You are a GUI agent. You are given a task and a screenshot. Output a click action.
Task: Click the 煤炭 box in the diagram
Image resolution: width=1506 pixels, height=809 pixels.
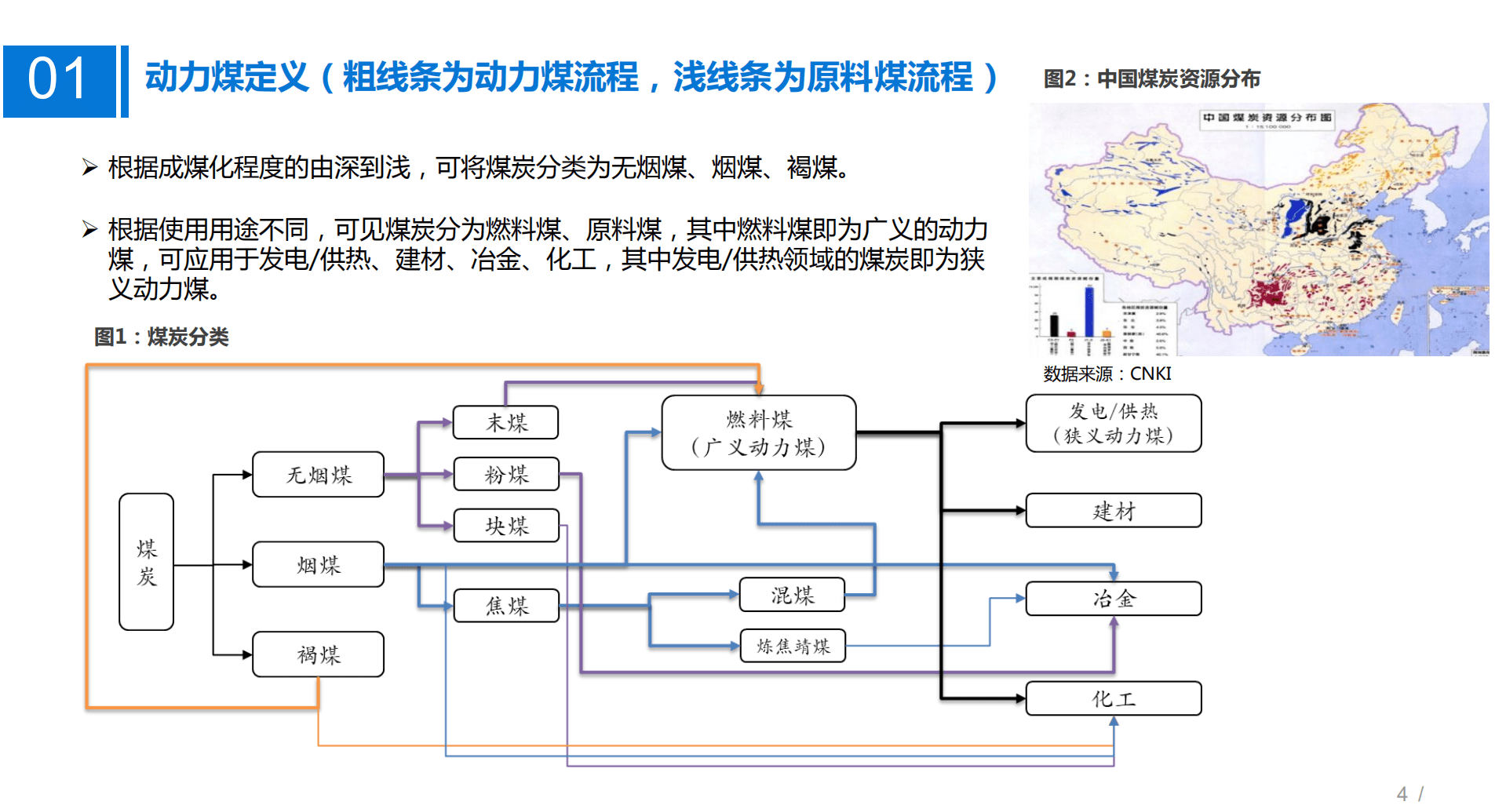[146, 562]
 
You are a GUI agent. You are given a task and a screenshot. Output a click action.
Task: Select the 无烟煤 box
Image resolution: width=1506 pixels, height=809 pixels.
[318, 475]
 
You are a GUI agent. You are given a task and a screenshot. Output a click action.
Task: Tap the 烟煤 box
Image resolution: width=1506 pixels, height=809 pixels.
[318, 564]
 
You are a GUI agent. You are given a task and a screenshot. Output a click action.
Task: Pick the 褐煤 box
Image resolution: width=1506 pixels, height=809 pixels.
[318, 654]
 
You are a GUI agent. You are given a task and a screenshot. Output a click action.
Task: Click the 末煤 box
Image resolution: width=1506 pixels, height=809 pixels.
[506, 422]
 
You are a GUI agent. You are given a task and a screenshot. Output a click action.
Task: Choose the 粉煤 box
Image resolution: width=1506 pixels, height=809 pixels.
[506, 474]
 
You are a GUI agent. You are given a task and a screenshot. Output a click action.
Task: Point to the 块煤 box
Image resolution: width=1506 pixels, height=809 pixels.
[506, 525]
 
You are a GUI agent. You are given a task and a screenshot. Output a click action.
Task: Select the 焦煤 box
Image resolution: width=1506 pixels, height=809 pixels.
[506, 606]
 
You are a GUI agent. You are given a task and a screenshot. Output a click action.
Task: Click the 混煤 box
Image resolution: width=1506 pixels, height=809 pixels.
[792, 595]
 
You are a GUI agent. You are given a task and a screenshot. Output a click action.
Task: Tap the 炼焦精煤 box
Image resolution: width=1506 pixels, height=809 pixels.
[793, 646]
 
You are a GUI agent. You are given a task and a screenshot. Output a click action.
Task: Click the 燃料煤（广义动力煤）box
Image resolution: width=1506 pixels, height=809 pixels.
[758, 433]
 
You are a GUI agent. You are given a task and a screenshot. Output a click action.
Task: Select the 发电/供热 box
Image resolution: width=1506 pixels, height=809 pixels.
[1113, 423]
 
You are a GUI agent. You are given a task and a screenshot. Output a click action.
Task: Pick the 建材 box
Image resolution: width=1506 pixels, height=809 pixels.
[1113, 511]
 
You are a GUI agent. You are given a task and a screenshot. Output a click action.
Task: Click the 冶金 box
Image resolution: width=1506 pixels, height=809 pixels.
[1113, 599]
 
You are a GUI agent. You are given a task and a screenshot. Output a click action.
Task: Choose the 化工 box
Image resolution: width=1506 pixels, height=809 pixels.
[1113, 698]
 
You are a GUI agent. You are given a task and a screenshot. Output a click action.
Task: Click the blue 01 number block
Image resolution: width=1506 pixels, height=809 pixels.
[59, 81]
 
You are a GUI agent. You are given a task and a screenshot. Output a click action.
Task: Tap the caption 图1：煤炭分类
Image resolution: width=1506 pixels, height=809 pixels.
[161, 337]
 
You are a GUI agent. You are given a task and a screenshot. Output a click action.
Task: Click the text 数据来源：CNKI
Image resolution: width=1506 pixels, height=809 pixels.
[1107, 374]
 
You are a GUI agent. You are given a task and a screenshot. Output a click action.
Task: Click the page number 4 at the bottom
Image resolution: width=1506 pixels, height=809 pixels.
[1402, 793]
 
